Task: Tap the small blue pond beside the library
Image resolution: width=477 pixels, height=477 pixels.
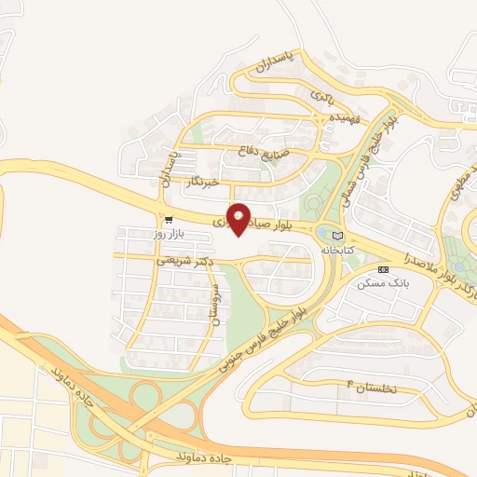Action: (x=323, y=232)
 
